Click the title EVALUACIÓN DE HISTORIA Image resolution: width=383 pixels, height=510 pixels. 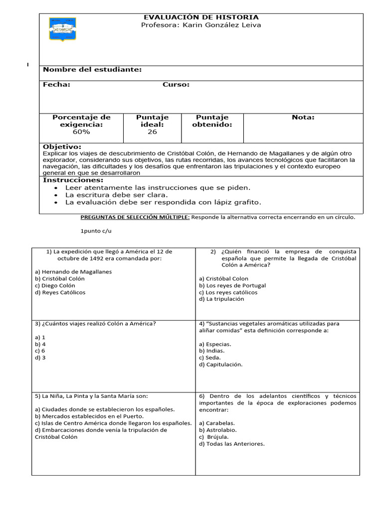point(201,17)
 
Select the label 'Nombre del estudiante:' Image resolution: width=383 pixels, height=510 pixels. point(92,70)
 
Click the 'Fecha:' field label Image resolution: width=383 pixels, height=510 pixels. point(56,85)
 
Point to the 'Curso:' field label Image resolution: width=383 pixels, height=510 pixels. point(176,85)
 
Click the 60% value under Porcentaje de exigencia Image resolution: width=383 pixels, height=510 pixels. point(81,132)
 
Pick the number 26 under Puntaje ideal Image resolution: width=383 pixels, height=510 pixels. point(152,132)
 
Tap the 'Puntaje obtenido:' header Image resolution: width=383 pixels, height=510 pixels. point(212,121)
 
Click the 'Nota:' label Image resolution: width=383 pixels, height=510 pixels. point(303,118)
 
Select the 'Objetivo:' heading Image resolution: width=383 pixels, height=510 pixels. point(62,147)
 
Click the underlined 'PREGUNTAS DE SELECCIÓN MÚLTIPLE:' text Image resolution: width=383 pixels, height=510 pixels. point(135,217)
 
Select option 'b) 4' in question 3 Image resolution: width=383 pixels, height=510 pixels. point(40,344)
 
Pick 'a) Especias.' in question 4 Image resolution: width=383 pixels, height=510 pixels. point(215,344)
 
